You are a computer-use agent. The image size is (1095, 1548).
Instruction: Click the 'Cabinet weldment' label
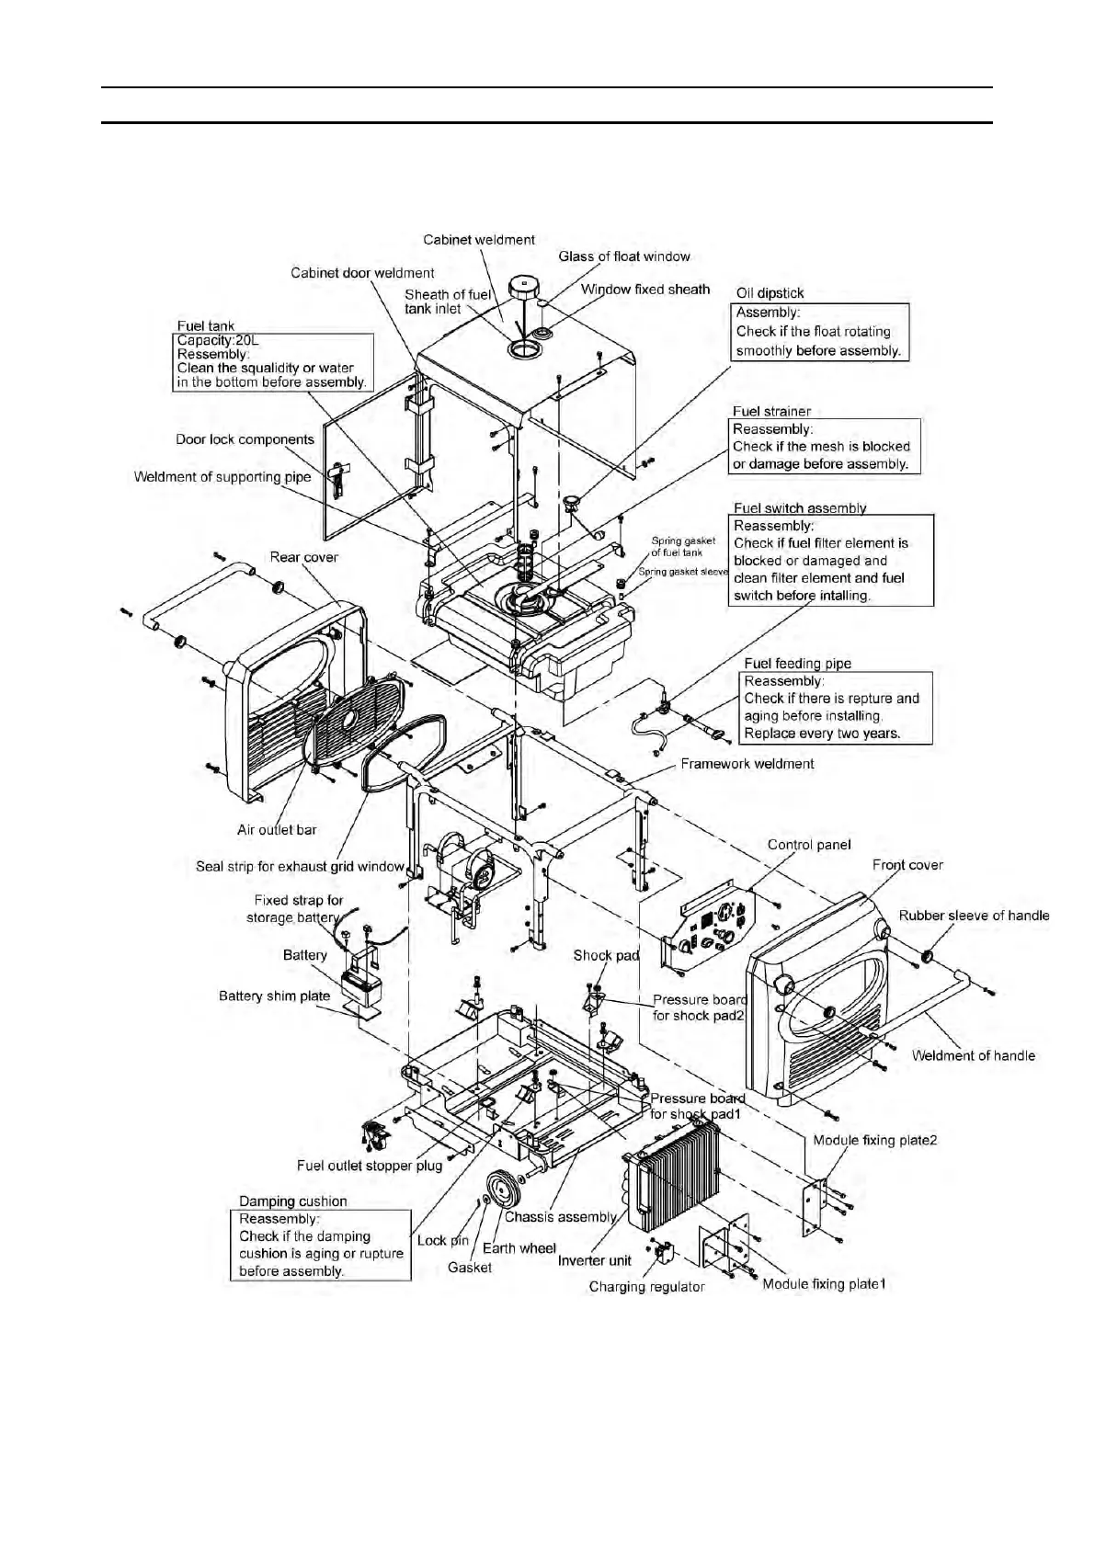tap(478, 240)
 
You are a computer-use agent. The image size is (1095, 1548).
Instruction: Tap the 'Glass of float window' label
tap(623, 256)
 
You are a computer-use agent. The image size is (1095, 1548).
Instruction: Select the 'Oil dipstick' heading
tap(770, 293)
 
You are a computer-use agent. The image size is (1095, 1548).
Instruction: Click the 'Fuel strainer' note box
tap(825, 447)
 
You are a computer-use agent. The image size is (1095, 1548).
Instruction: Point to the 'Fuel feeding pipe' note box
tap(835, 707)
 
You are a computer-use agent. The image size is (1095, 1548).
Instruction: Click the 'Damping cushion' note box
tap(320, 1245)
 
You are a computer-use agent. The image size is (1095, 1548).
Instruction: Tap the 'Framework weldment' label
tap(747, 764)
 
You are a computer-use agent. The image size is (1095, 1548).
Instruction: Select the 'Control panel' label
tap(808, 845)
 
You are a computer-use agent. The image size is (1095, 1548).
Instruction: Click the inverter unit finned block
tap(678, 1177)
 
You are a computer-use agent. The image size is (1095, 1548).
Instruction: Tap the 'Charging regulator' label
tap(646, 1287)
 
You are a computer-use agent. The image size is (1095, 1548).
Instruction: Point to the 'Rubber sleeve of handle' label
tap(973, 916)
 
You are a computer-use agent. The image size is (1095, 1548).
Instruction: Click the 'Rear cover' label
tap(303, 557)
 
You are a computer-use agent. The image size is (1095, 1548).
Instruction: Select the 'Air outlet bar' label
tap(277, 830)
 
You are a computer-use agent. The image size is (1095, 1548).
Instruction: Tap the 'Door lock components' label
tap(245, 439)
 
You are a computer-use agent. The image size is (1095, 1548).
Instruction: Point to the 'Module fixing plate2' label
tap(874, 1141)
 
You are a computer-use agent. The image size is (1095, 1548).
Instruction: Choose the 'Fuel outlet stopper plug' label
tap(369, 1166)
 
